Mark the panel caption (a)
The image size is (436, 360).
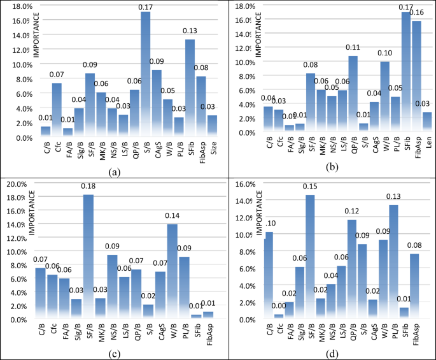[x=113, y=171]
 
